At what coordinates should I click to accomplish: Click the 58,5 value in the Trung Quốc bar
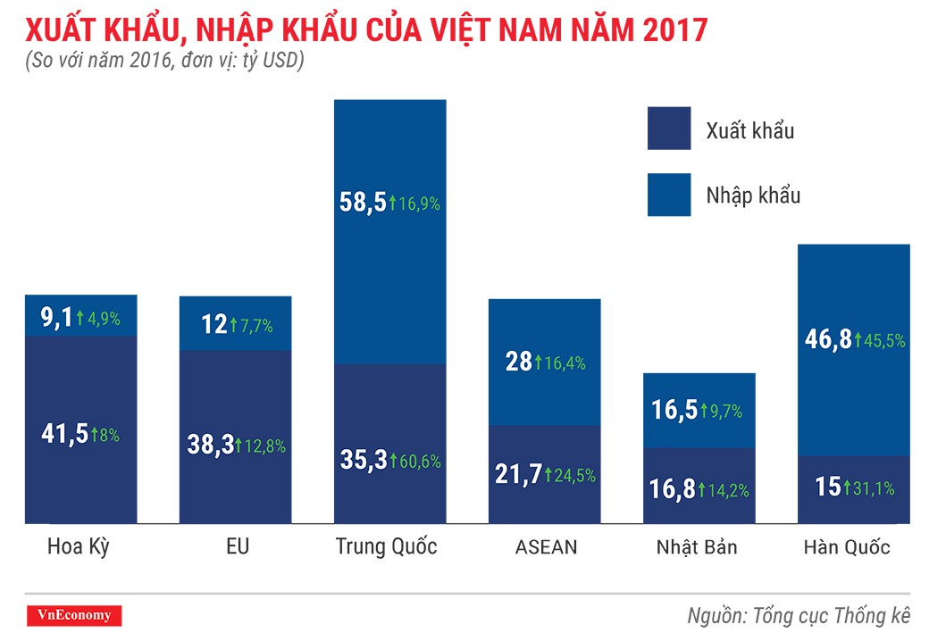(363, 203)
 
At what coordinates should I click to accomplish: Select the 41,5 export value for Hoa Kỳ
(63, 434)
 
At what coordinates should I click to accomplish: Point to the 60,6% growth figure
(418, 462)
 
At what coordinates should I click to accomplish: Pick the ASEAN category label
(546, 547)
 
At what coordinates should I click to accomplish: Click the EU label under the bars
(237, 546)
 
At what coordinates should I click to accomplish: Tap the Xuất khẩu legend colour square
(669, 129)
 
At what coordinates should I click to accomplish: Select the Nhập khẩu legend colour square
(669, 195)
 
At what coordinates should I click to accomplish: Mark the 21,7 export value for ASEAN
(517, 475)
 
